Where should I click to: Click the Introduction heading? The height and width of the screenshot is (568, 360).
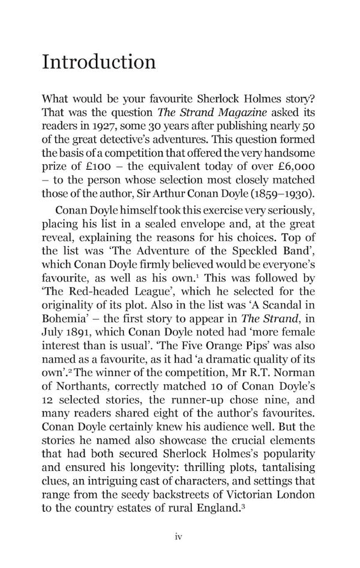pyautogui.click(x=99, y=62)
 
